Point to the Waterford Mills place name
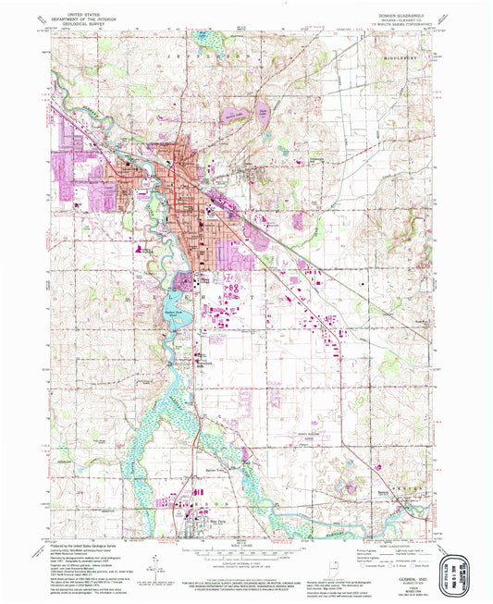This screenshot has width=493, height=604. click(205, 363)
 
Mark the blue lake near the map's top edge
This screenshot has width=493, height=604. click(203, 38)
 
